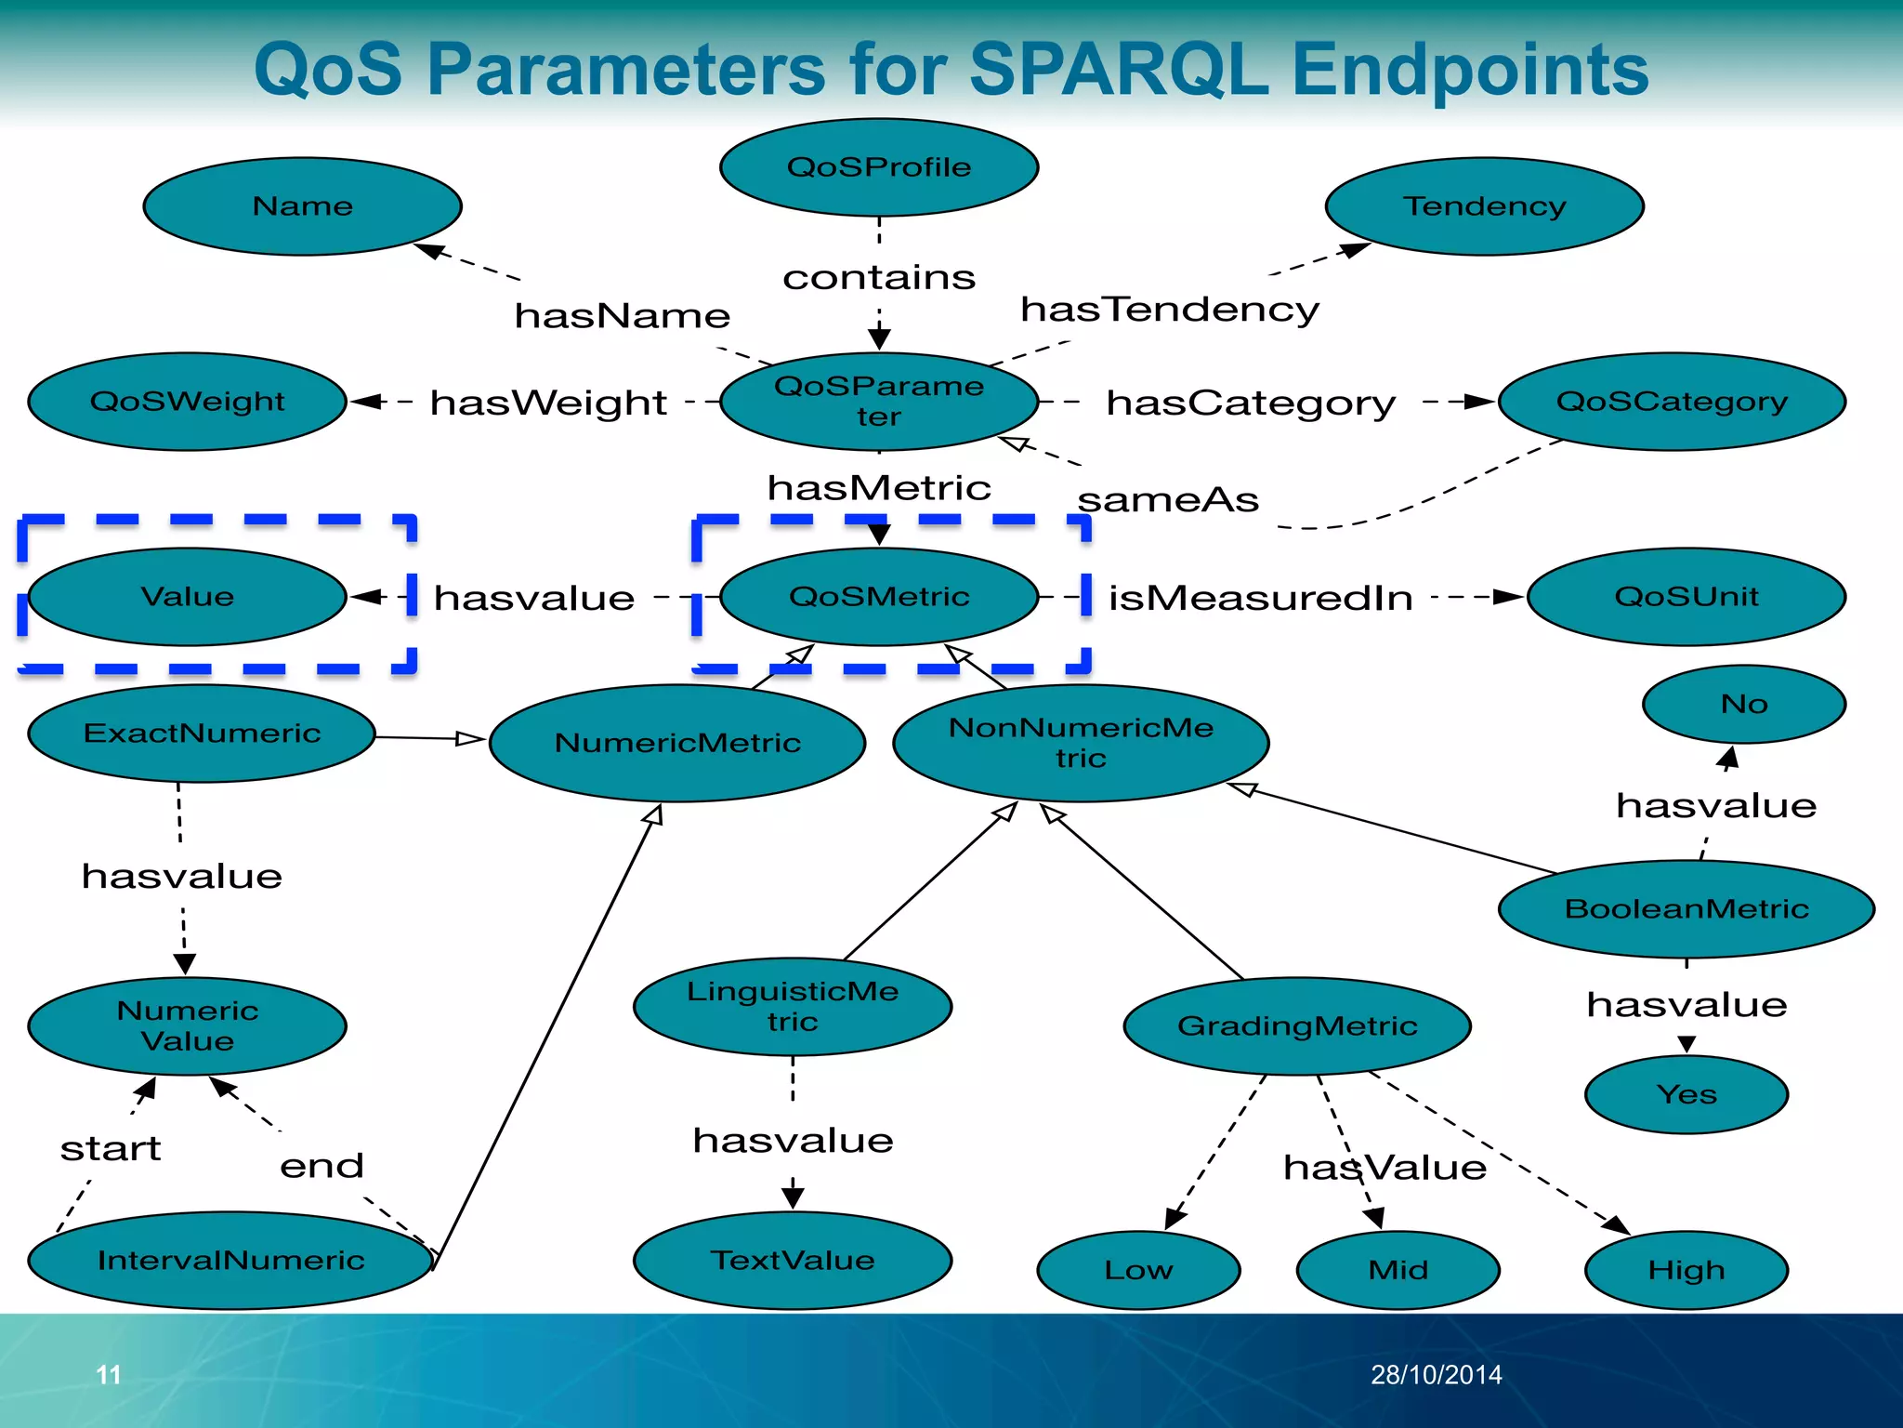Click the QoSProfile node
coord(879,167)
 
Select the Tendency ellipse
coord(1484,205)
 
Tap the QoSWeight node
coord(187,402)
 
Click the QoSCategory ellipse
coord(1672,402)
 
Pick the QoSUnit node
coord(1686,597)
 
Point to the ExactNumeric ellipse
coord(202,734)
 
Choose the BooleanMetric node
coord(1686,909)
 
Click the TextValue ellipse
coord(792,1261)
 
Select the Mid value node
coord(1398,1270)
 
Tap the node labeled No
coord(1743,705)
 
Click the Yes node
coord(1686,1094)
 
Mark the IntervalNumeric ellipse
coord(230,1261)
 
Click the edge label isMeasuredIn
coord(1260,598)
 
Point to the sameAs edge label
coord(1168,500)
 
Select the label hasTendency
coord(1169,310)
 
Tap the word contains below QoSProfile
coord(879,277)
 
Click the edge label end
coord(322,1166)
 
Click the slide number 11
coord(109,1374)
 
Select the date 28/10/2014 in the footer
coord(1436,1374)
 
